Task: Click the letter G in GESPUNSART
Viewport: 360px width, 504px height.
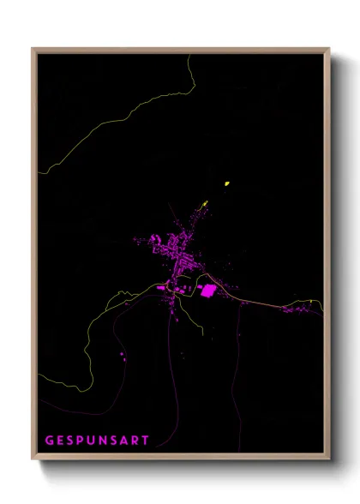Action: pos(50,441)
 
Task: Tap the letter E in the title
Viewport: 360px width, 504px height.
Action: pos(61,441)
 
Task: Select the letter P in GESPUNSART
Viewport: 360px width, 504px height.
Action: pos(83,441)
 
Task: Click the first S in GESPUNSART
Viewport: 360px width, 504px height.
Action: pos(72,441)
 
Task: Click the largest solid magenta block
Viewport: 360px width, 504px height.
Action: pos(207,291)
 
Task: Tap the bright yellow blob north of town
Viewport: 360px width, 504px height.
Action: pos(226,183)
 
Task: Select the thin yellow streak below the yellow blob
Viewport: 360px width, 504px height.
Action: pos(204,204)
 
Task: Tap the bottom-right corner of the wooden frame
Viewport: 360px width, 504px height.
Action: pos(328,459)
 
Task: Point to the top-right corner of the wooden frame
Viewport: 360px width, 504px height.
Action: pos(328,49)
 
